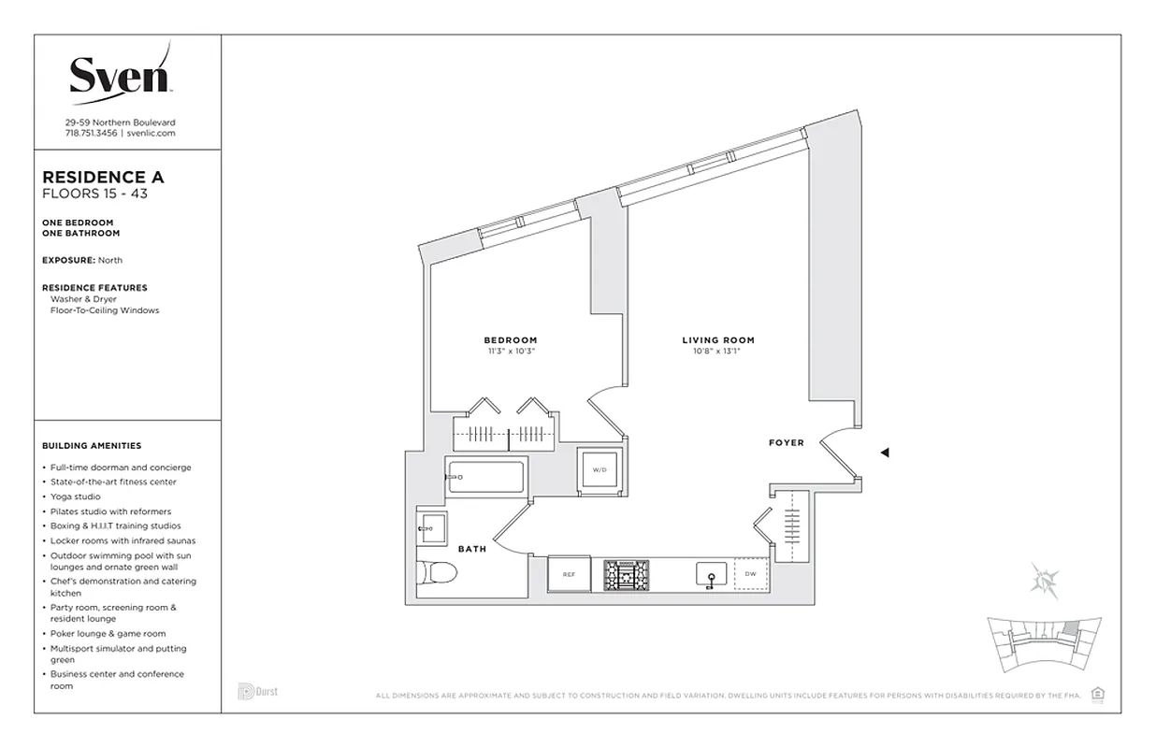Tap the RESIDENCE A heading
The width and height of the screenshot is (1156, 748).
(x=104, y=177)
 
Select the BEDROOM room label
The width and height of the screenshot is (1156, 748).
(x=510, y=340)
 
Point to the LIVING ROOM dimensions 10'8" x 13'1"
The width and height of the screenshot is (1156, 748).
(x=717, y=352)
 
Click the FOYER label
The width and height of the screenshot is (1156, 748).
(x=786, y=442)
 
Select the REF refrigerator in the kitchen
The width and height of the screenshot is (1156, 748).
(x=569, y=575)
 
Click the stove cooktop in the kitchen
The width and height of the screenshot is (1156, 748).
(x=626, y=575)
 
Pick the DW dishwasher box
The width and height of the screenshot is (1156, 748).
(x=750, y=575)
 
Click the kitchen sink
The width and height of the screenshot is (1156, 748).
(x=711, y=575)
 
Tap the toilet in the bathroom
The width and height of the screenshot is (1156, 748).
(x=434, y=572)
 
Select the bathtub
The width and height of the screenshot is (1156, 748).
(x=486, y=478)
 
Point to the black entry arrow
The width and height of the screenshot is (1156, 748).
(x=884, y=453)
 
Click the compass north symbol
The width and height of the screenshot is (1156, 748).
(x=1044, y=580)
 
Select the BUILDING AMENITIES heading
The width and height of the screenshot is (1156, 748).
(x=92, y=446)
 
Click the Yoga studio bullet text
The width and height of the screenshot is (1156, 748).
(x=77, y=496)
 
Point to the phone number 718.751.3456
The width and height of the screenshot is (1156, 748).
(x=91, y=133)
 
